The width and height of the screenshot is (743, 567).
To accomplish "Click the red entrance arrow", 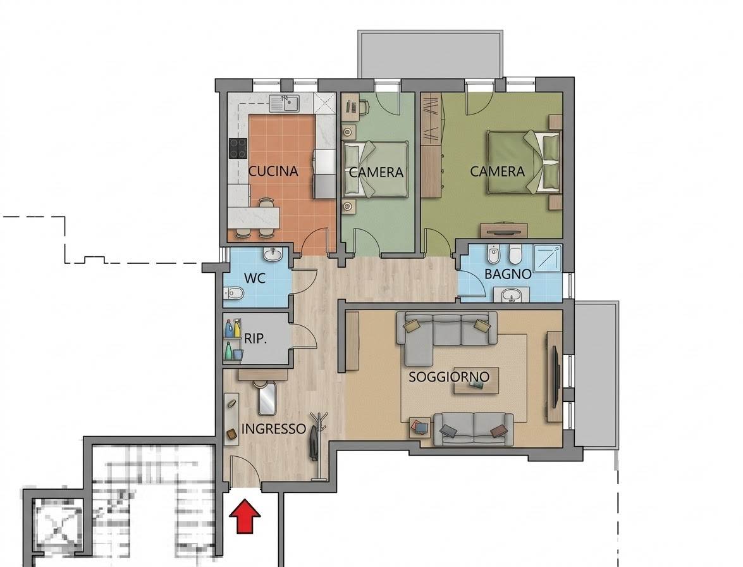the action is pos(245,516).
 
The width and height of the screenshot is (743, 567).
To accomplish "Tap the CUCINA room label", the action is pos(273,171).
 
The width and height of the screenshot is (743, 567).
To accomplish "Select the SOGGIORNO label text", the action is pos(449,377).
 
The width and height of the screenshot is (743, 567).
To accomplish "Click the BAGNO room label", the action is pos(508,274).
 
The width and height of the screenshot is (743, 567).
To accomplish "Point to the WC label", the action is pos(254,278).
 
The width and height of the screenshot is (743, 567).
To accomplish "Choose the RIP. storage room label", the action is pos(255,339).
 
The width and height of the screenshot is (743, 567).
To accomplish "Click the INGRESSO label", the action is pos(273,429).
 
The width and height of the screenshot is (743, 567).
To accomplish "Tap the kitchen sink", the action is pos(284,103).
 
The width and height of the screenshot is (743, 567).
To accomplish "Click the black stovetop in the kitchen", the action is pos(238,148).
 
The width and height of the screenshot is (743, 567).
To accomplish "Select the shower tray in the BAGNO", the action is pos(548,258).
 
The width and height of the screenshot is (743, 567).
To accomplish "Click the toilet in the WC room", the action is pos(233,294).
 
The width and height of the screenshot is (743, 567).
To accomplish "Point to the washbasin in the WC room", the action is pos(273,254).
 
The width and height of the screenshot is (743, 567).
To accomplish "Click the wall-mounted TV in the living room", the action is pos(555,377).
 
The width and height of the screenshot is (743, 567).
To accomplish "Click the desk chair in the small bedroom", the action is pos(363,107).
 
